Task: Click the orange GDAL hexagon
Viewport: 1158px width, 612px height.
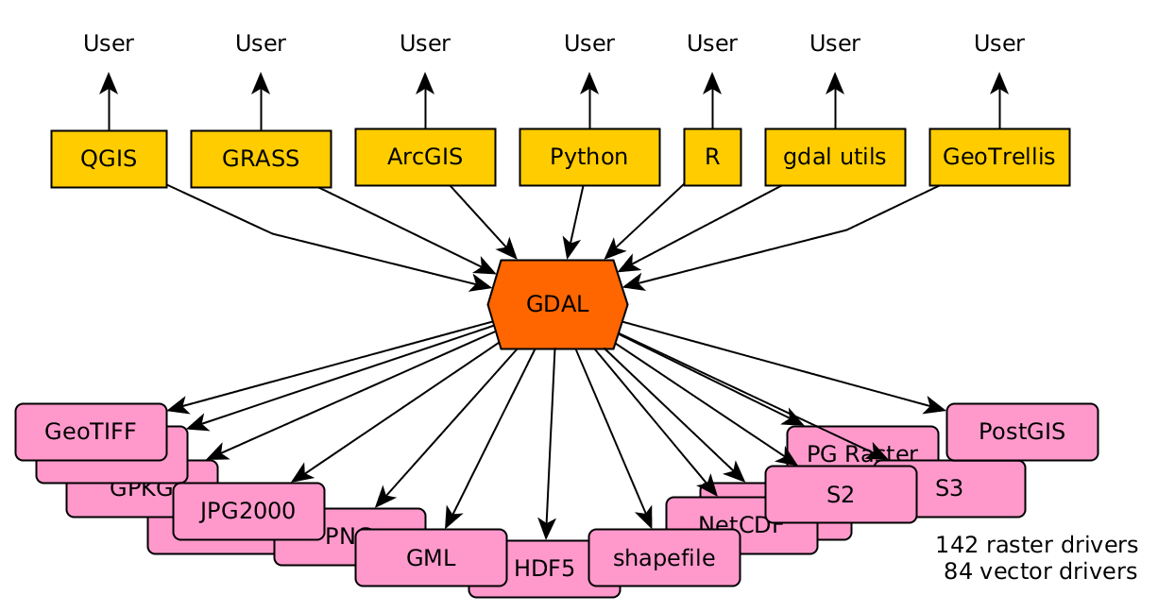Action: point(557,304)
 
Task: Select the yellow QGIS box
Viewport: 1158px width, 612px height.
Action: point(109,159)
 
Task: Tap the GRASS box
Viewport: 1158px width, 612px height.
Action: point(261,159)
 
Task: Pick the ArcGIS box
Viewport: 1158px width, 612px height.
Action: point(425,157)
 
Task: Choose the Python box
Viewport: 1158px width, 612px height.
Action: point(589,157)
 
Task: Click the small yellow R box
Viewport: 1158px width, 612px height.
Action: point(712,157)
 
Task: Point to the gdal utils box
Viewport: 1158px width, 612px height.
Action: point(835,157)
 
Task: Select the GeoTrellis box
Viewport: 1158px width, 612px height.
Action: point(999,157)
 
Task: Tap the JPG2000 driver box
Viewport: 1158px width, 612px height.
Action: point(248,511)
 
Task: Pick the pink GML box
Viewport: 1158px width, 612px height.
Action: point(431,557)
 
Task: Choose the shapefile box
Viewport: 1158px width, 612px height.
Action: point(663,557)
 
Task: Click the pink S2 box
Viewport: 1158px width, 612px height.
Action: point(840,494)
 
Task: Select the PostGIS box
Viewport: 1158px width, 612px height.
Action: point(1022,432)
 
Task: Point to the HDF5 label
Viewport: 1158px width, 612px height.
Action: point(544,569)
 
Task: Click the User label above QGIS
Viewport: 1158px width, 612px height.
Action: point(109,43)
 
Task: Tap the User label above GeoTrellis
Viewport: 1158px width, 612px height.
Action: point(999,43)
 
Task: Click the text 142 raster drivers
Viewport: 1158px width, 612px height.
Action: point(1036,545)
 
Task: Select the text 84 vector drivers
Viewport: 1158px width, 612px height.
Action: point(1040,571)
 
